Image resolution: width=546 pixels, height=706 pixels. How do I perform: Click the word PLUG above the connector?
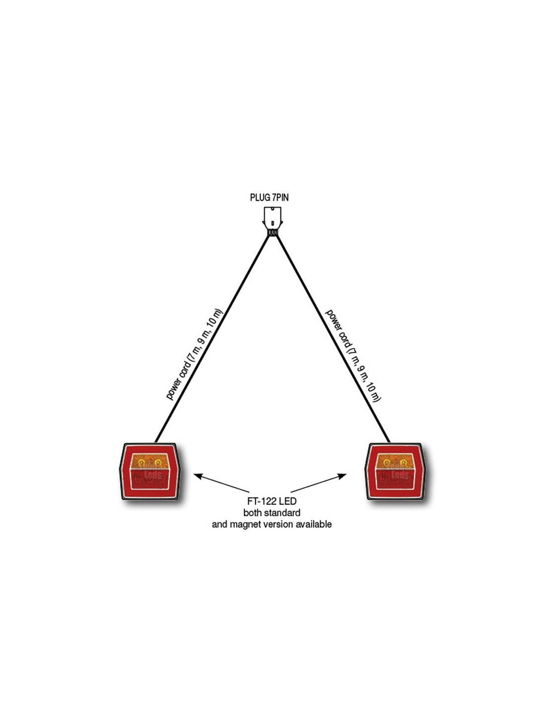click(260, 198)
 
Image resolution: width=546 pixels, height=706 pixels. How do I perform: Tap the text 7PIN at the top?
click(280, 198)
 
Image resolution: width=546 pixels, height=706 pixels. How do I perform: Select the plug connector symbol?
click(272, 217)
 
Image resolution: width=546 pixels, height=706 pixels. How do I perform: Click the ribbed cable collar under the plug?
click(272, 232)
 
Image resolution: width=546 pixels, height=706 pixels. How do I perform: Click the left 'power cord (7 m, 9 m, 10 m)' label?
click(194, 354)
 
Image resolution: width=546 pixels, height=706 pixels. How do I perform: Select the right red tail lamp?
click(396, 472)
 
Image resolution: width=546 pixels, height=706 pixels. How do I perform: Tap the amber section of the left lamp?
click(150, 462)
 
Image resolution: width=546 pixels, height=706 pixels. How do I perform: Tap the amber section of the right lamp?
click(396, 462)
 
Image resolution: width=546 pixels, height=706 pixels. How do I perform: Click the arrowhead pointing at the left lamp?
click(197, 476)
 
